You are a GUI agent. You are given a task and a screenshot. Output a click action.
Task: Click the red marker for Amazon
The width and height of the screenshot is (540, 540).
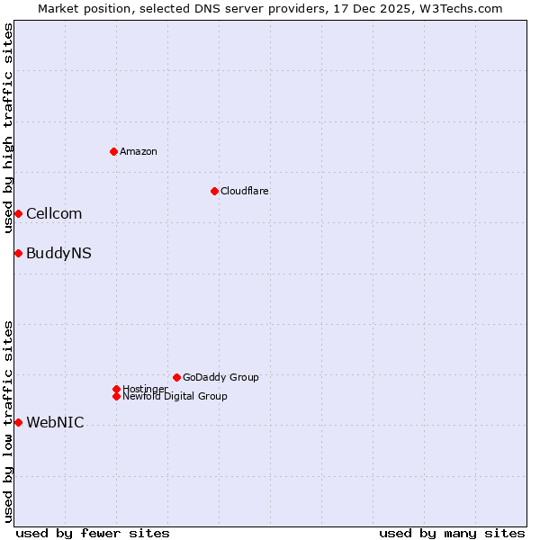point(113,151)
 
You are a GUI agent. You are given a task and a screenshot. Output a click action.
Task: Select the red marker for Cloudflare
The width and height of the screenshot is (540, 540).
point(214,191)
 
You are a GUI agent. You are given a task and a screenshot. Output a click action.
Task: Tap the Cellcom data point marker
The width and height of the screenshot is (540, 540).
point(18,213)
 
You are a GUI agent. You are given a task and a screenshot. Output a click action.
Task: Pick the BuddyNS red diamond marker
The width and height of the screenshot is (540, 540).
point(18,253)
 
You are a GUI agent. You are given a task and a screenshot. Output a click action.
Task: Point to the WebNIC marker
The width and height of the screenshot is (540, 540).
point(18,422)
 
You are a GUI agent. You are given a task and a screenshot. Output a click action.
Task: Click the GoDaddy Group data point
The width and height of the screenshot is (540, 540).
point(176,377)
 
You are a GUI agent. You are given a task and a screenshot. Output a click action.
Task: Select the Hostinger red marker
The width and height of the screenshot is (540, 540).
point(116,389)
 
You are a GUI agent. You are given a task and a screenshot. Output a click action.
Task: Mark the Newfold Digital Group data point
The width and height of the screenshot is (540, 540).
point(116,396)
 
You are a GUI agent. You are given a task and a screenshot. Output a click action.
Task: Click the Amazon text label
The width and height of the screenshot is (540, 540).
point(139,151)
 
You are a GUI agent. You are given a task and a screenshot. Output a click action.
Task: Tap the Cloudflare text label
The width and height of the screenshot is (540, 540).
point(245,191)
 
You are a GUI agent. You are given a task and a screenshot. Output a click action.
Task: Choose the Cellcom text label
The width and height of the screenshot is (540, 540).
point(54,213)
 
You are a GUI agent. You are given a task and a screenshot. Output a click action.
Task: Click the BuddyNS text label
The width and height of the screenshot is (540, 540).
point(58,253)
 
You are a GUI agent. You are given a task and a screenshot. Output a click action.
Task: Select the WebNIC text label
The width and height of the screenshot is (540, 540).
point(55,422)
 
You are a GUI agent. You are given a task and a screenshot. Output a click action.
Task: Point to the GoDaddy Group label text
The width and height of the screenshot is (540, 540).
point(220,377)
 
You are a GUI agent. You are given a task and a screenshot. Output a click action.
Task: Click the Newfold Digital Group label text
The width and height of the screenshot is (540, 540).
point(175,396)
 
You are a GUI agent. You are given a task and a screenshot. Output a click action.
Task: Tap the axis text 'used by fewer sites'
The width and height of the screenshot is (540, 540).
point(93,533)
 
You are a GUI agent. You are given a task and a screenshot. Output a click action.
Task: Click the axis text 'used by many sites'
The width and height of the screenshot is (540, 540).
point(452,533)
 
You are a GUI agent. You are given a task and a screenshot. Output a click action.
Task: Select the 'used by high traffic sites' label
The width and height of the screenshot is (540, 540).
point(8,129)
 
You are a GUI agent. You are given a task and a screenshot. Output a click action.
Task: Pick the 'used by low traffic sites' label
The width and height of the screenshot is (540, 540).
point(8,421)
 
